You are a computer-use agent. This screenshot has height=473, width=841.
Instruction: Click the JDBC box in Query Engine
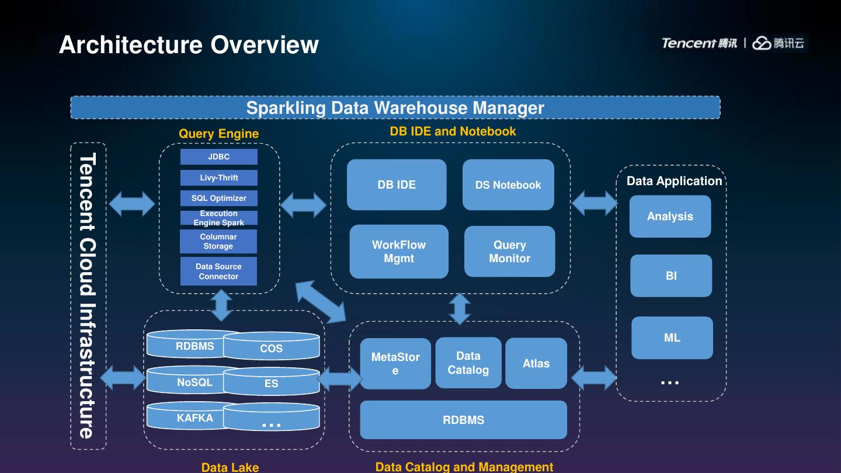click(218, 156)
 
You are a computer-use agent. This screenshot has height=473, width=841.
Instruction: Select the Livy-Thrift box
click(218, 178)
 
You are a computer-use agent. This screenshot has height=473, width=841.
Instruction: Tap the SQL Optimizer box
click(218, 198)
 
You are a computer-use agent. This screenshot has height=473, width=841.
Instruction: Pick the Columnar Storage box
click(218, 241)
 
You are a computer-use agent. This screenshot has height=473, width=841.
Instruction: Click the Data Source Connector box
click(218, 271)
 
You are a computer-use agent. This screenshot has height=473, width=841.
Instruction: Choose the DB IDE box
click(397, 185)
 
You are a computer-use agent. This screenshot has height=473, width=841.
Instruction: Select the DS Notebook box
click(508, 185)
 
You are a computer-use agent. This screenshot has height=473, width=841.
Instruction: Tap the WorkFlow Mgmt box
click(399, 252)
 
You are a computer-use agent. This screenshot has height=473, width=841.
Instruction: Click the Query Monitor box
click(509, 252)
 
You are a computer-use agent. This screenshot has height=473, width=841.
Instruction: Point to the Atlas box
click(536, 363)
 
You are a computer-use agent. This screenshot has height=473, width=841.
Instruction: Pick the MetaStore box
click(395, 363)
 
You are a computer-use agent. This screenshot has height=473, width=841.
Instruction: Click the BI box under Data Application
click(671, 276)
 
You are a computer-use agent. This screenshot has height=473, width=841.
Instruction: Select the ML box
click(672, 338)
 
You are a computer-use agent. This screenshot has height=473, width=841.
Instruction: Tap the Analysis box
click(670, 216)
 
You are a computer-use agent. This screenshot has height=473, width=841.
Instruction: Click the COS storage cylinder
click(271, 347)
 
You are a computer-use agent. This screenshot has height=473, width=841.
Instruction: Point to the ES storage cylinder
click(271, 382)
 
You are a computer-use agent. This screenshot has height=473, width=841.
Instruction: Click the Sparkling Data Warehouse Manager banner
click(395, 107)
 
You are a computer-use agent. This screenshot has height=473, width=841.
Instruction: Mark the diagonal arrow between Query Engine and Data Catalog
click(321, 302)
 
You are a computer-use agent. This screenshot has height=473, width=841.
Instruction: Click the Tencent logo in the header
click(698, 43)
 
